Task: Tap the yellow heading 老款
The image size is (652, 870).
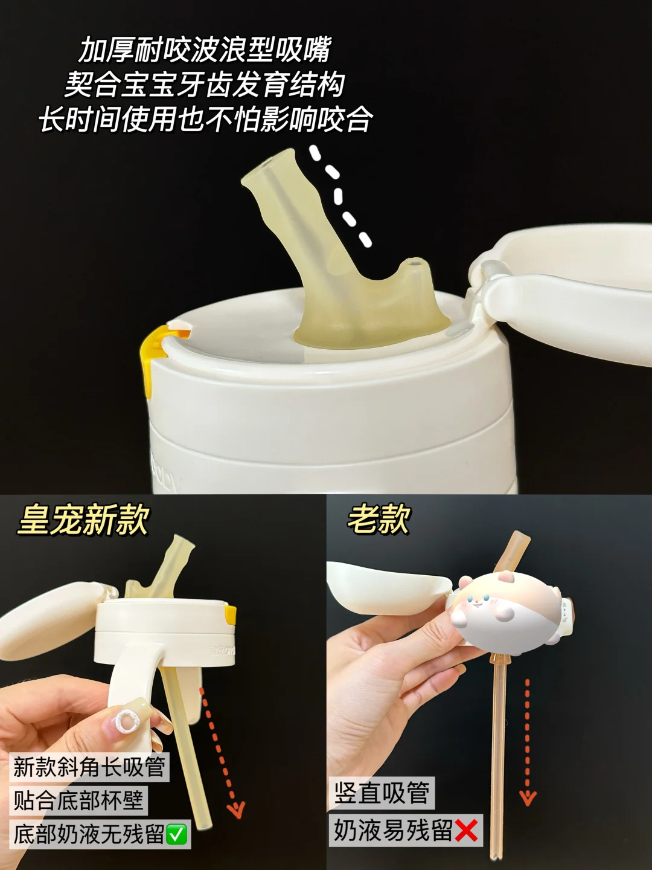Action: (x=378, y=519)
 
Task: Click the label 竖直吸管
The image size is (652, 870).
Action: (x=382, y=792)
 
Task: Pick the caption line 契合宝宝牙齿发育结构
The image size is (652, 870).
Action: (x=204, y=85)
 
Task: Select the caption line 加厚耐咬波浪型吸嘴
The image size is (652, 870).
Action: (x=204, y=50)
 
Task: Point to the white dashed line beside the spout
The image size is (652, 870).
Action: (x=340, y=196)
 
